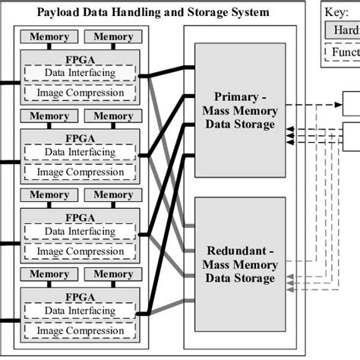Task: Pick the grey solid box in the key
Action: tap(343, 30)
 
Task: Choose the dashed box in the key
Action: tap(343, 53)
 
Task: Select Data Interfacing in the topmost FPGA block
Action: tap(80, 73)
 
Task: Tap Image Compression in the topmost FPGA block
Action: tap(80, 93)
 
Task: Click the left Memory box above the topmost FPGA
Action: tap(49, 36)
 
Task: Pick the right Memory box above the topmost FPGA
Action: tap(113, 36)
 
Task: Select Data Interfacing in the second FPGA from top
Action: tap(80, 152)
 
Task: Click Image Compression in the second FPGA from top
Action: tap(80, 172)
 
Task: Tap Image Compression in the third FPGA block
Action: tap(80, 251)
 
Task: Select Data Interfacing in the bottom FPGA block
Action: tap(80, 311)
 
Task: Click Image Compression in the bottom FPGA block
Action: tap(80, 330)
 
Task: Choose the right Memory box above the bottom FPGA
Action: tap(113, 274)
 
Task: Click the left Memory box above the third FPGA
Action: tap(49, 195)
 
